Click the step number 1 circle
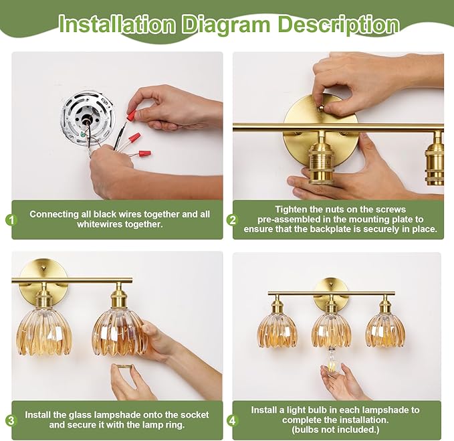11,220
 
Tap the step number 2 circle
233,220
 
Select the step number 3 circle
11,420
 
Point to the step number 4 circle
233,420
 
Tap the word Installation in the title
117,25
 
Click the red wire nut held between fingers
132,114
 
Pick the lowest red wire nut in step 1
145,153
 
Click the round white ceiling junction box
89,118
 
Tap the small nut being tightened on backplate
322,108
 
